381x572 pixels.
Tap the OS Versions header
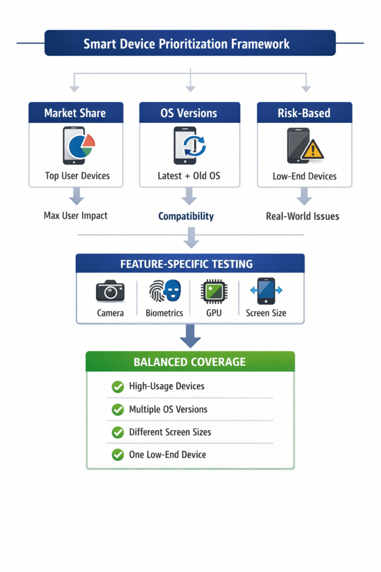pos(189,113)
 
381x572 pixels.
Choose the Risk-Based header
pos(304,113)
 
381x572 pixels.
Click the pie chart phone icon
pos(78,145)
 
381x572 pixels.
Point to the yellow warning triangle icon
pos(312,149)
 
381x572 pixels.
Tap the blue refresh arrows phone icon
pos(190,145)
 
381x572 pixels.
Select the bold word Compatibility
pos(186,216)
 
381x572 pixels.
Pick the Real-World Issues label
pos(302,216)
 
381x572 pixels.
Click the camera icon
pos(110,291)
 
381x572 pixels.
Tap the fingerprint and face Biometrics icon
pos(165,291)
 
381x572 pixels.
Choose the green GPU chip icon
pos(214,291)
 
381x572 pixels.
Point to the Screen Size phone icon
pos(266,290)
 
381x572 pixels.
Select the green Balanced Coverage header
pos(190,362)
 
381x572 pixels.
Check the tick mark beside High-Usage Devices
pos(118,387)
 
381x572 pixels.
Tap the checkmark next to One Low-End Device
pos(118,455)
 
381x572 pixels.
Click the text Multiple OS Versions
pos(168,409)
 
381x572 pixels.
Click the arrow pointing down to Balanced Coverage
pos(190,336)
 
